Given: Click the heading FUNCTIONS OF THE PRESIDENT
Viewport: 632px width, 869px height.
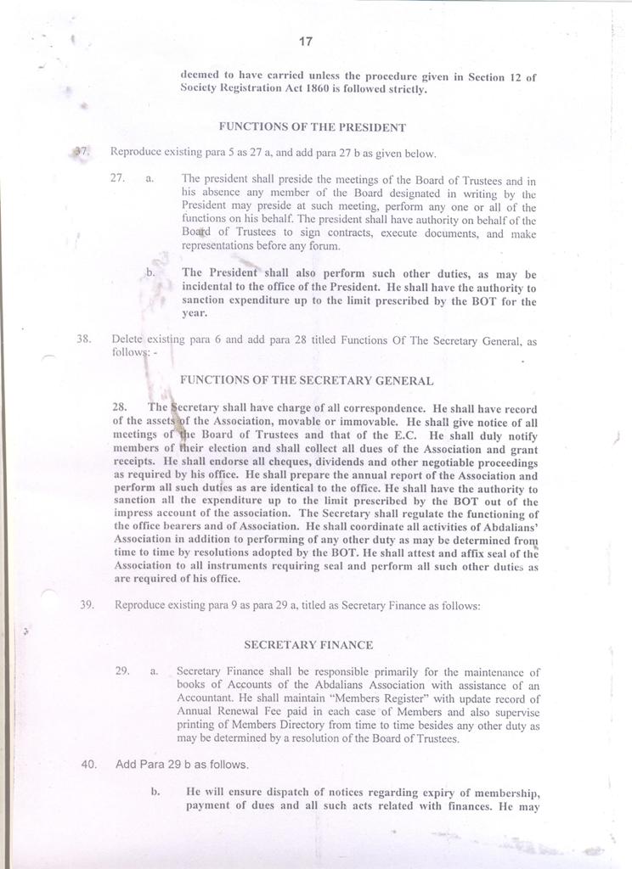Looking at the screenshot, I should point(313,127).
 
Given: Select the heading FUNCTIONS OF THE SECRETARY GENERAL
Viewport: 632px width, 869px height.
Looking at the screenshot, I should point(308,381).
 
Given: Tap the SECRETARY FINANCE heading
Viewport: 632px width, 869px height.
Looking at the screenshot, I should point(308,645).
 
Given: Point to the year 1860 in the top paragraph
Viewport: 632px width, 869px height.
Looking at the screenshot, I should point(329,89).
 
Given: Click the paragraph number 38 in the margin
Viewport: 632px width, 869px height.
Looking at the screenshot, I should point(83,339).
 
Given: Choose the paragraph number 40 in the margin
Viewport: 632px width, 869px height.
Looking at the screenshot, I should point(88,764).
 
